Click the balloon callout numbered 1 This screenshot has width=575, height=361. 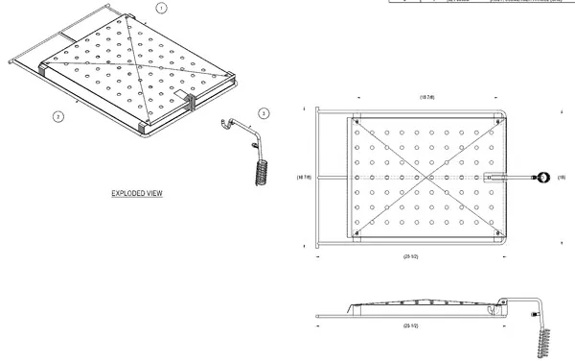tap(161, 7)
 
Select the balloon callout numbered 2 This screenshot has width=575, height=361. tap(58, 116)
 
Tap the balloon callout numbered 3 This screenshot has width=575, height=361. tap(264, 113)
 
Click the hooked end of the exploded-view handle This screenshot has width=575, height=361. tap(225, 122)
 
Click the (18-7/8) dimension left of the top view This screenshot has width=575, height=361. tap(305, 178)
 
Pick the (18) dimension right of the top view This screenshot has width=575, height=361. tap(562, 178)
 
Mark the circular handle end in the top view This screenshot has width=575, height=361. tap(543, 178)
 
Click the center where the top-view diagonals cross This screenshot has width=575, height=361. tap(425, 178)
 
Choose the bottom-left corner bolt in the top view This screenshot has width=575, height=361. tap(356, 232)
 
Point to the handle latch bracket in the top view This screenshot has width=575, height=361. tap(494, 178)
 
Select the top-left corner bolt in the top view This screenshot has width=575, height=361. tap(356, 123)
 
